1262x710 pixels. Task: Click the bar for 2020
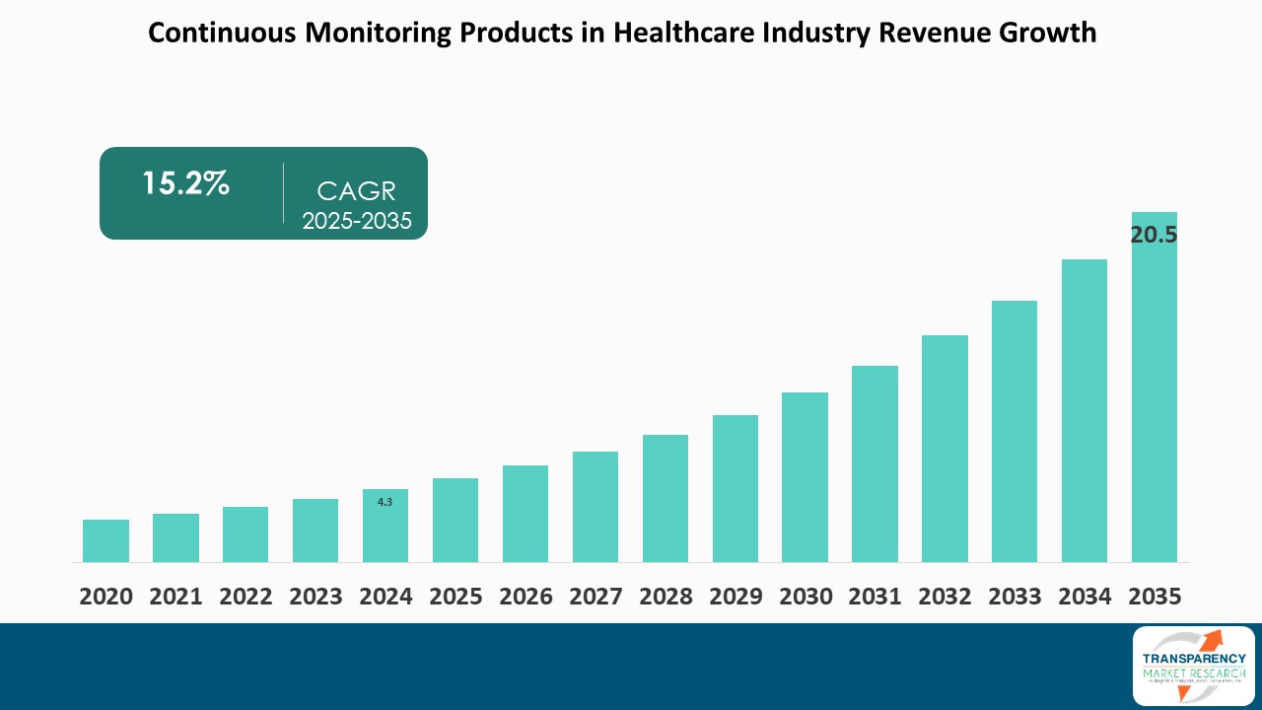pos(105,540)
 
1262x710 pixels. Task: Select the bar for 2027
pos(595,507)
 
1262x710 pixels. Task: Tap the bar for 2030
pos(805,477)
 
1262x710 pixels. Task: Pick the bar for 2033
pos(1015,431)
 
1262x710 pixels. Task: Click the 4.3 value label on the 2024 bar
pos(385,502)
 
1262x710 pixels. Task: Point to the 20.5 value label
pos(1154,235)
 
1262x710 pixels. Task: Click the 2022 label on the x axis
pos(245,597)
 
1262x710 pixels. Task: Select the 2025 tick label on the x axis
pos(456,597)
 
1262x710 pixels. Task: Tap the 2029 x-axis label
pos(735,597)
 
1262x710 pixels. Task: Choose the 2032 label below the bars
pos(945,597)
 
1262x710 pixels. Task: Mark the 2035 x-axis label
pos(1154,597)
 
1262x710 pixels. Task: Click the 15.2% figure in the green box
pos(185,183)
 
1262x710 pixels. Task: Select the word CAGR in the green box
pos(357,191)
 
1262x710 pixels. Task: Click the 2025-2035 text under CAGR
pos(357,221)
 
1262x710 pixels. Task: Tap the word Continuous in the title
pos(222,33)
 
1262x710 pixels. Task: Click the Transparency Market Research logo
pos(1193,666)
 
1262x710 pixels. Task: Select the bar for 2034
pos(1084,410)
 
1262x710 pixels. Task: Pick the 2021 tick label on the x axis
pos(175,597)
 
